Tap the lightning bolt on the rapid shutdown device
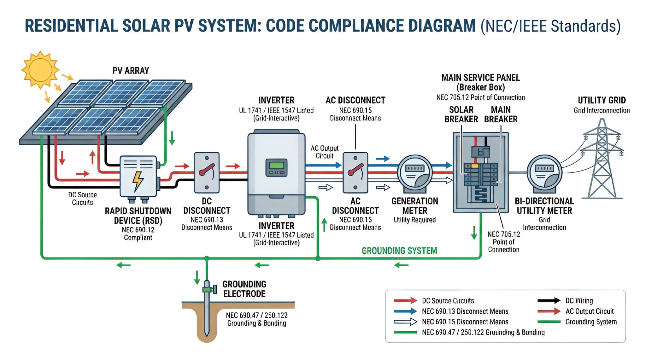(138, 181)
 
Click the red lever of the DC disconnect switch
(207, 170)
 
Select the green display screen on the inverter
(276, 165)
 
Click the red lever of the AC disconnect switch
(355, 170)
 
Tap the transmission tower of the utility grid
(602, 161)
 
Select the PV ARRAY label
(131, 71)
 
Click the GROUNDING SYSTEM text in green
(399, 251)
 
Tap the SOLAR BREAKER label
(461, 114)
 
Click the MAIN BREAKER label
(501, 114)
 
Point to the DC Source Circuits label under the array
(82, 199)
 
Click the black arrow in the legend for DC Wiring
(549, 300)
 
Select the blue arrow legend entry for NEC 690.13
(405, 311)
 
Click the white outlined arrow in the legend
(405, 322)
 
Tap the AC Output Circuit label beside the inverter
(325, 152)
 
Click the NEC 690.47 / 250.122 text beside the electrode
(256, 315)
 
